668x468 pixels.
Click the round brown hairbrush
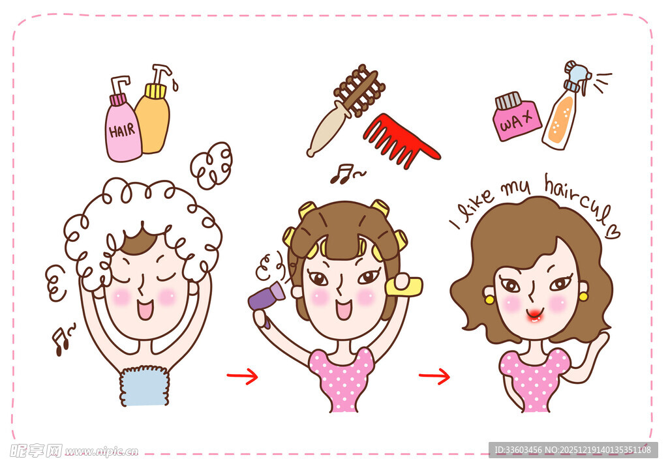point(346,108)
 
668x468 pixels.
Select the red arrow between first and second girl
point(242,376)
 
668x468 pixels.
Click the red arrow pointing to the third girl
point(434,376)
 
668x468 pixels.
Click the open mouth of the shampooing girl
point(145,308)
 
